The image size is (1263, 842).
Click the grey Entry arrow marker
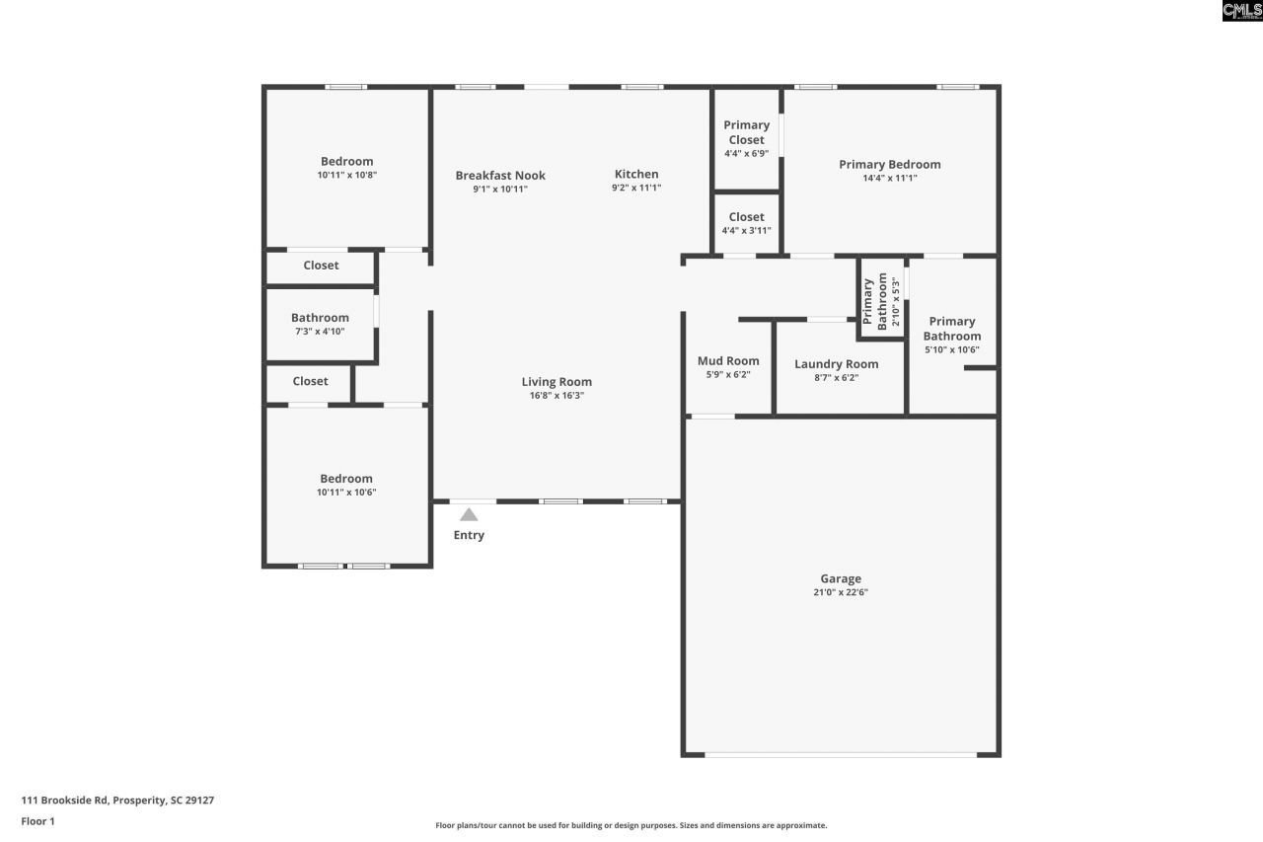tap(469, 514)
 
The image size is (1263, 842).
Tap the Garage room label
tap(841, 578)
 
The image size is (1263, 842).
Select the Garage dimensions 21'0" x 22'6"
tap(841, 593)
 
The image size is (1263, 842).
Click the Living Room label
tap(557, 382)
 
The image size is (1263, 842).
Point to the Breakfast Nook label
tap(500, 176)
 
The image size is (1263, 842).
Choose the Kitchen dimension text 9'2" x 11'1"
tap(636, 188)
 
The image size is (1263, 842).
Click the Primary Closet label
tap(746, 132)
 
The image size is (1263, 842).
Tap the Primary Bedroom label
tap(889, 164)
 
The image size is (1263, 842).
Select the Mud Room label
tap(728, 360)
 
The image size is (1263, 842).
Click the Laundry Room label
tap(836, 363)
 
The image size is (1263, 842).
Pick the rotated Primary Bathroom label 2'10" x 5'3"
tap(881, 300)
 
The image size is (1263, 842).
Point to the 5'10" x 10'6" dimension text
tap(952, 349)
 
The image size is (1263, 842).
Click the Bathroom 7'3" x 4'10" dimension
tap(320, 332)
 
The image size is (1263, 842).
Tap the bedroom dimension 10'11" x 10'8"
tap(347, 175)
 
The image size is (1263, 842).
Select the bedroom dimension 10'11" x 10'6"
tap(346, 493)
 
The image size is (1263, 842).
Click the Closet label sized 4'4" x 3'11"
tap(746, 217)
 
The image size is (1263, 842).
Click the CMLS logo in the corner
tap(1241, 11)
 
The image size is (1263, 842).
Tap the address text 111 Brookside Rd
tap(117, 801)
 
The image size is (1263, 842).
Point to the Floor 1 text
tap(38, 821)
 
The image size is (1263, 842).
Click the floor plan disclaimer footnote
tap(631, 825)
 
